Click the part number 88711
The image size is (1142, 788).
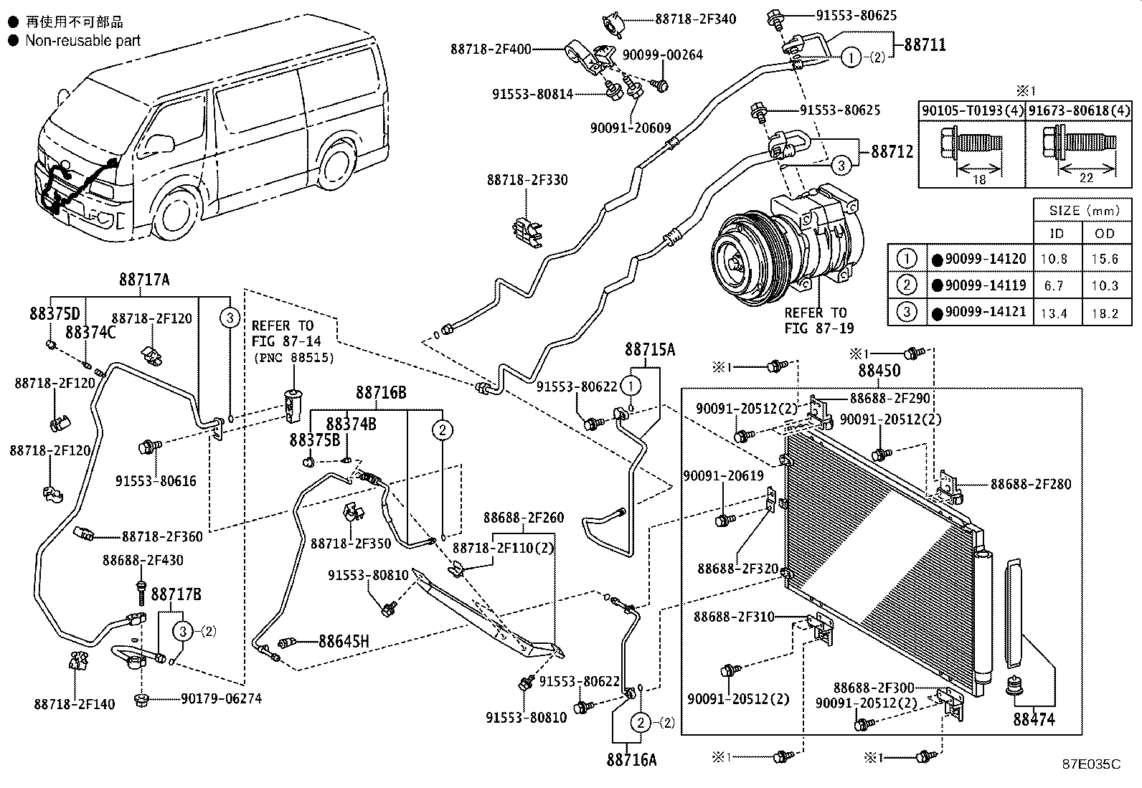[x=924, y=44]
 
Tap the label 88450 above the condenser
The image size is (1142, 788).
[x=879, y=371]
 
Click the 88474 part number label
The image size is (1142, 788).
[x=1034, y=718]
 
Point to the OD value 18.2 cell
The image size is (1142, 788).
[x=1105, y=313]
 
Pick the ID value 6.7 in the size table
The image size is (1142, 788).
[x=1057, y=285]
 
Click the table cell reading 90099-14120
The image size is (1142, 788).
[x=985, y=259]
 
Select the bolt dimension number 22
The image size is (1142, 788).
[x=1086, y=178]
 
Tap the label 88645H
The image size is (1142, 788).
[x=344, y=641]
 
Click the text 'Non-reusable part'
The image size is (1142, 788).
[x=82, y=41]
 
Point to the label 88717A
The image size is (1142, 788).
[x=144, y=280]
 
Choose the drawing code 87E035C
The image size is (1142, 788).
[x=1091, y=764]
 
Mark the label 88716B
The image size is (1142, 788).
[x=381, y=393]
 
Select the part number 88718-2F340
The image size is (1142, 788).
[x=695, y=19]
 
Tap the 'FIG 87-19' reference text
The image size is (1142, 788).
[x=815, y=328]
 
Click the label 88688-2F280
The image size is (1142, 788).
[x=1031, y=484]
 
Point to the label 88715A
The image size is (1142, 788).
[x=650, y=349]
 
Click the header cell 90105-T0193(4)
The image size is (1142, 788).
[x=972, y=110]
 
